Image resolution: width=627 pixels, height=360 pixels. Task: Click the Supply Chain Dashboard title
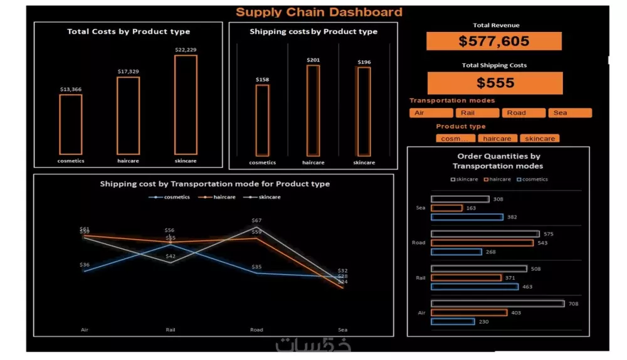319,12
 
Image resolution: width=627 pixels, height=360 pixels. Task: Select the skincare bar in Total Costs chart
186,104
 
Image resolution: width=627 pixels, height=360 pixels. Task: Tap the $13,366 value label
71,89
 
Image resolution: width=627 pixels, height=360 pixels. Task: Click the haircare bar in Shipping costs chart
313,110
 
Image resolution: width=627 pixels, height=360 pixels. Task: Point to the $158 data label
262,80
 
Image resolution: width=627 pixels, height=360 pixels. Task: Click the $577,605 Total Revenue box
494,41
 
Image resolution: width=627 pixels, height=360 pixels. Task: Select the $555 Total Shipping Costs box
495,83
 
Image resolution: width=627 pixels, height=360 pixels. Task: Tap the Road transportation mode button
524,113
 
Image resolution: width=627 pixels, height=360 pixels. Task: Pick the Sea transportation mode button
569,113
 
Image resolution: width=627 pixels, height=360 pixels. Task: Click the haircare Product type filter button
497,139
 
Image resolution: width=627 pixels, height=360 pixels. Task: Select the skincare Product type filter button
539,139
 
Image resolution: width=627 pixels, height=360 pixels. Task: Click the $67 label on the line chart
256,221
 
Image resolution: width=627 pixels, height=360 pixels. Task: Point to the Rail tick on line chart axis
171,329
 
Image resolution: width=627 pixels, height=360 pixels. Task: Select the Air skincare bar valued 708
498,304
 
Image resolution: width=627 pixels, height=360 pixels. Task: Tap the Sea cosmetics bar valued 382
467,217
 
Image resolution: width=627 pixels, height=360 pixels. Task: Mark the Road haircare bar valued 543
482,243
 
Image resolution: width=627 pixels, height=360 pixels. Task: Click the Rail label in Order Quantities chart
421,278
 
